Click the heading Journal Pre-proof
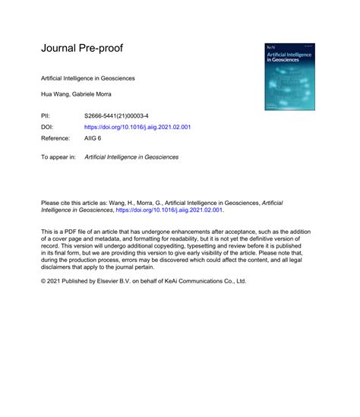coord(82,49)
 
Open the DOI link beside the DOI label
coord(137,127)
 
